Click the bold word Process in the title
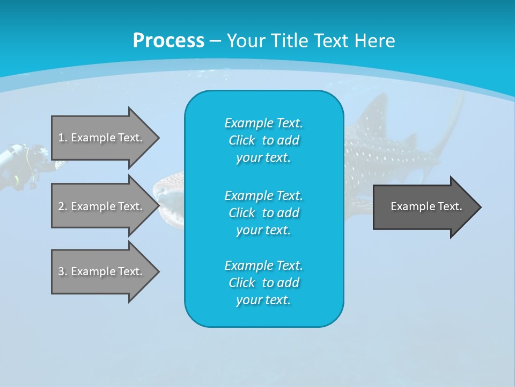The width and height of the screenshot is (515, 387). [x=168, y=41]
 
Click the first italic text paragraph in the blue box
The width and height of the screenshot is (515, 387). [x=263, y=140]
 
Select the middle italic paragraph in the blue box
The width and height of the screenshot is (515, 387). [x=263, y=213]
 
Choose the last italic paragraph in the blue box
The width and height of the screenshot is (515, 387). [x=263, y=283]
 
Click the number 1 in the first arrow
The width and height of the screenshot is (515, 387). [x=61, y=138]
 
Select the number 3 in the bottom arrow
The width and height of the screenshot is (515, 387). [x=61, y=271]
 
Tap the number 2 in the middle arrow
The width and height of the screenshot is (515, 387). [x=61, y=206]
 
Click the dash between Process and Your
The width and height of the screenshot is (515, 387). [x=215, y=41]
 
